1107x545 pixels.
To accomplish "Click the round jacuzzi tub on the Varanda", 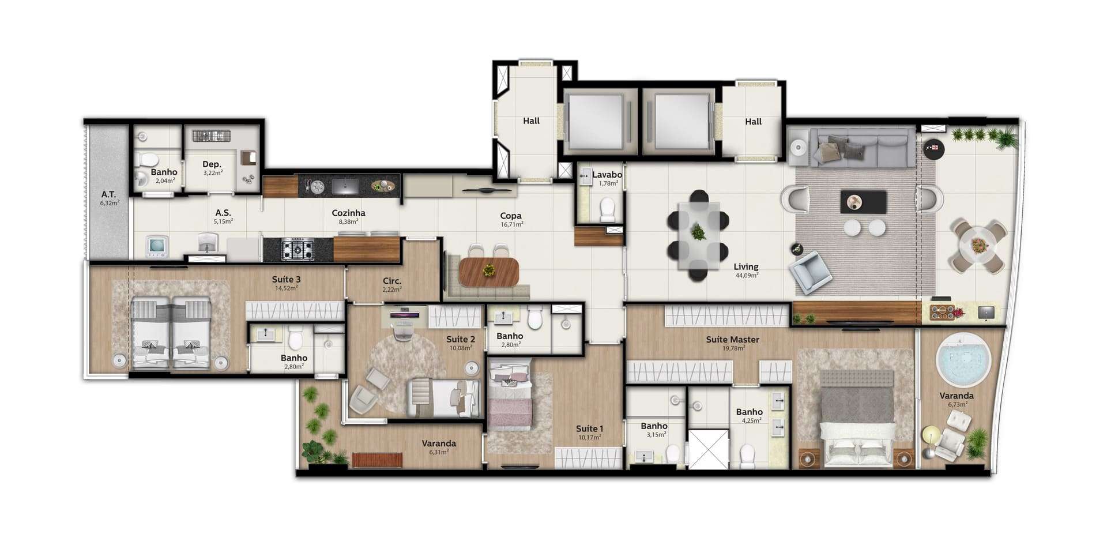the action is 963,360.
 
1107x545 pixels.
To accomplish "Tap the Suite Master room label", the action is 732,340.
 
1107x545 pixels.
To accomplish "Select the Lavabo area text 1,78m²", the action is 608,183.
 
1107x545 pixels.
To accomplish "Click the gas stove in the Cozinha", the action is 298,250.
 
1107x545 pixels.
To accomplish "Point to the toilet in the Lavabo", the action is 608,210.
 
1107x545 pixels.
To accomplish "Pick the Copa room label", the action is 511,216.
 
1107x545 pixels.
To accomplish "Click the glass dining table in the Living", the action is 698,235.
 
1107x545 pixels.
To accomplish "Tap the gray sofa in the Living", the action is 862,148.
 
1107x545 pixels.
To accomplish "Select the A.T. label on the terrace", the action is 108,194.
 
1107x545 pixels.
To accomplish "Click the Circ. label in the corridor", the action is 391,281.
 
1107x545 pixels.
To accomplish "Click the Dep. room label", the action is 212,164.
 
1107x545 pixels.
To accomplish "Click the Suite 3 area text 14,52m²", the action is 286,288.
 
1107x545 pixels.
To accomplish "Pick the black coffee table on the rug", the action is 863,202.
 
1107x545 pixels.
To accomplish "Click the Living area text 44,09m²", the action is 747,275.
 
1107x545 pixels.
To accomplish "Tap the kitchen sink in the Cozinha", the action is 345,186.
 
